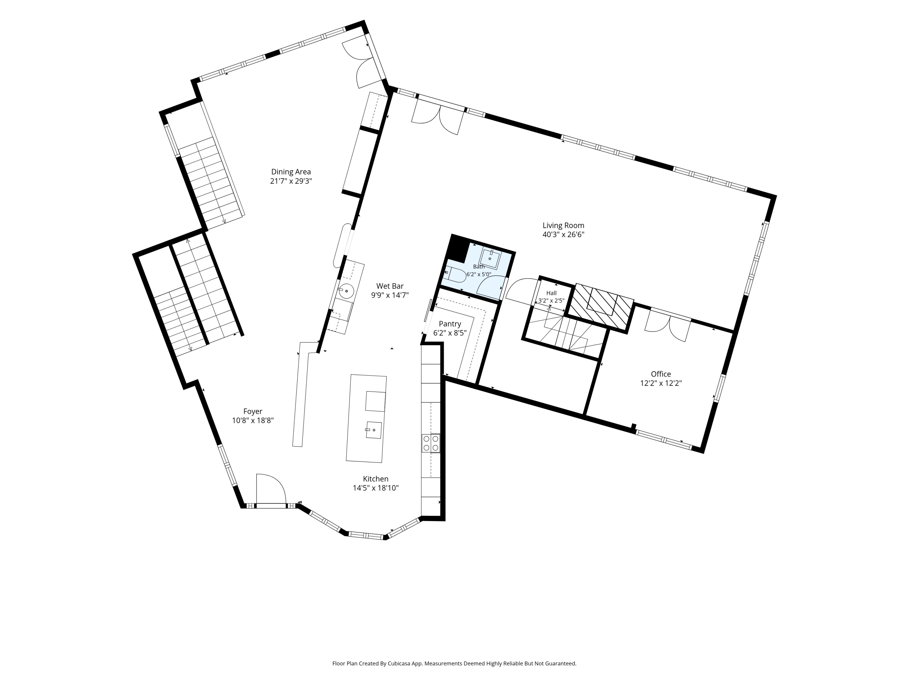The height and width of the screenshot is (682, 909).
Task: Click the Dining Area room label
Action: (291, 172)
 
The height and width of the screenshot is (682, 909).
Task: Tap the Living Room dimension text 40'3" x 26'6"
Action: (563, 235)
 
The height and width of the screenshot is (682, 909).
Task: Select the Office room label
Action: (661, 374)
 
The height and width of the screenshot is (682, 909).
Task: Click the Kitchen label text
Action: (376, 479)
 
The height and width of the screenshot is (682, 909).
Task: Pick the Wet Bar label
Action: (390, 286)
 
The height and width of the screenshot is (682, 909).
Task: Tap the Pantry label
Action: (450, 324)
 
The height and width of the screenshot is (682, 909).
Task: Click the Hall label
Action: (551, 293)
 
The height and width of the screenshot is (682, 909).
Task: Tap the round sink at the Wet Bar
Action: (346, 291)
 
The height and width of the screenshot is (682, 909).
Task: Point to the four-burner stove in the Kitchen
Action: (431, 443)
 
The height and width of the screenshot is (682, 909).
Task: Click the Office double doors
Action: (668, 323)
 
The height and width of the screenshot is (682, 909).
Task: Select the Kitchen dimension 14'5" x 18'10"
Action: (376, 488)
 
